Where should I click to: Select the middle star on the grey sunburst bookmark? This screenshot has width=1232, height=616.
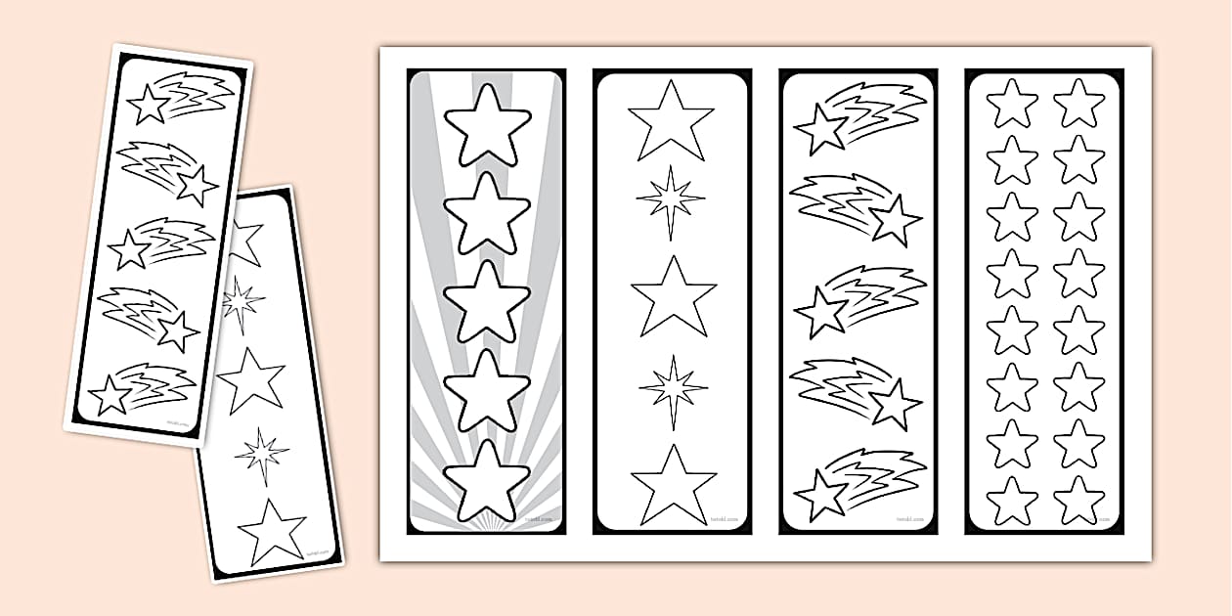coord(487,302)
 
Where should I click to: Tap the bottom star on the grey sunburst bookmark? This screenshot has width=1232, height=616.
coord(487,480)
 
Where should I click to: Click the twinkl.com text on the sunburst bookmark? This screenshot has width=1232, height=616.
coord(540,519)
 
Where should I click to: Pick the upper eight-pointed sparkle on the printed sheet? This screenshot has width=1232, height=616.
coord(671,202)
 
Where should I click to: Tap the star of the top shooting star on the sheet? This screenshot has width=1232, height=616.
coord(820,129)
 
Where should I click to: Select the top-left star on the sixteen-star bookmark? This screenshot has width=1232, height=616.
coord(1011,103)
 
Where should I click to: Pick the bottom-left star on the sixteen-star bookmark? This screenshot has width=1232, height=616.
coord(1011,500)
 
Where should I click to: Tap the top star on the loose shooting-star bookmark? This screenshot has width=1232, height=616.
coord(151,105)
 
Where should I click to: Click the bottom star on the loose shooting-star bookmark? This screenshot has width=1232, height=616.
coord(110,396)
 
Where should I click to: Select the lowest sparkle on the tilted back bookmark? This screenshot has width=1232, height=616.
coord(261,453)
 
